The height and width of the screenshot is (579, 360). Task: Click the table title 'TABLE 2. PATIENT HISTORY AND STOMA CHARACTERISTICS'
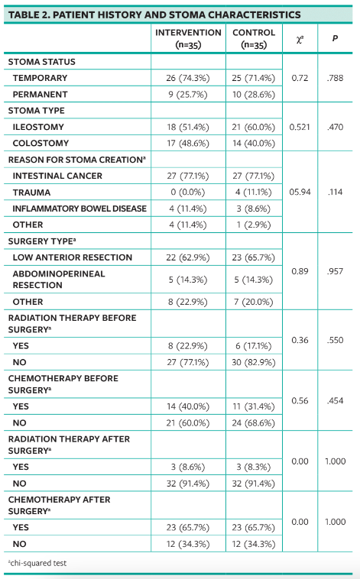click(x=154, y=15)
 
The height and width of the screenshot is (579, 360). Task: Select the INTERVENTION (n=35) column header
click(x=188, y=39)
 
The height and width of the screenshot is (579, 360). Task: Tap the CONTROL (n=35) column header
click(x=254, y=39)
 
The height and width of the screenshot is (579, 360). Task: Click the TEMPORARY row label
click(x=40, y=78)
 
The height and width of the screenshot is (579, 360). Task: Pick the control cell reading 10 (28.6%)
click(x=254, y=94)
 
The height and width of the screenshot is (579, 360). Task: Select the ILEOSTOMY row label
click(x=38, y=127)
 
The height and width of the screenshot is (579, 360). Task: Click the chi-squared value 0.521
click(x=299, y=127)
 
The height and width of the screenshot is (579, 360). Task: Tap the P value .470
click(x=335, y=127)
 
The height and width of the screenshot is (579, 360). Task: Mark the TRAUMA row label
click(x=31, y=192)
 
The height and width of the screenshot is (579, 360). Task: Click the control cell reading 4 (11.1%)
click(x=254, y=192)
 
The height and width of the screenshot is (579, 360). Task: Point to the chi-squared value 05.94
click(x=299, y=192)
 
